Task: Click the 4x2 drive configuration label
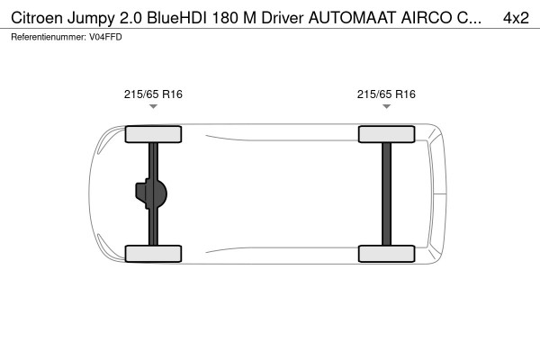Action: [516, 18]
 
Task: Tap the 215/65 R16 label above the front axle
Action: [153, 94]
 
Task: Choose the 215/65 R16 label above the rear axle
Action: [386, 94]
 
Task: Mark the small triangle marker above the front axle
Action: [153, 107]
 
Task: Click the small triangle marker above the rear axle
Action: [386, 107]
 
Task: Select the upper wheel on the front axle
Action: [153, 135]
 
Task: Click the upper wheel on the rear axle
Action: [386, 135]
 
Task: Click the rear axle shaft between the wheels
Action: [386, 193]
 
